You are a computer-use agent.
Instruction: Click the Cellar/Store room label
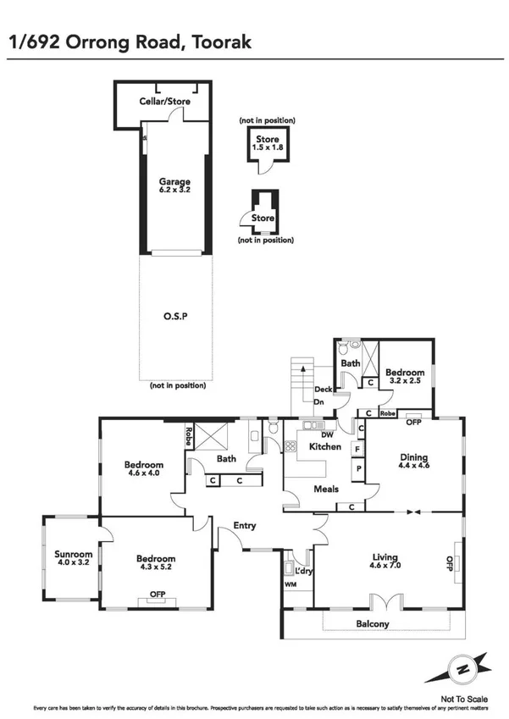(x=164, y=102)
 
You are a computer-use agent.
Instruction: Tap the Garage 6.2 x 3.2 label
(x=174, y=186)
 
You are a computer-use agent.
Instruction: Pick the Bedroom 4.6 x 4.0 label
(x=143, y=469)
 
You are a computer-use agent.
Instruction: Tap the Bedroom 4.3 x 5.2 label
(x=157, y=563)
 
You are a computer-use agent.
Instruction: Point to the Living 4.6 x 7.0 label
(x=385, y=562)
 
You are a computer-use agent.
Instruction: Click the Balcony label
(x=372, y=624)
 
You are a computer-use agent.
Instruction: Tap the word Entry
(x=245, y=526)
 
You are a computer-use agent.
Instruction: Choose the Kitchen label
(x=324, y=446)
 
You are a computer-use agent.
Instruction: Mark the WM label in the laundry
(x=290, y=585)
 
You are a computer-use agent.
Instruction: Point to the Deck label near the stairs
(x=322, y=390)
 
